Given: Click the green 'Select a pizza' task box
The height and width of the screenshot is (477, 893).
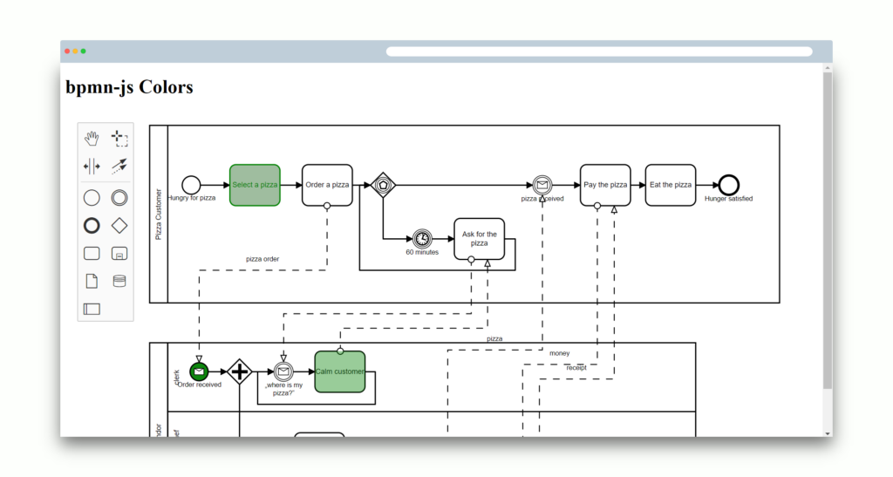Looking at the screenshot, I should tap(255, 185).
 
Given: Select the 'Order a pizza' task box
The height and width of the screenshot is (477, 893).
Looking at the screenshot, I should tap(327, 185).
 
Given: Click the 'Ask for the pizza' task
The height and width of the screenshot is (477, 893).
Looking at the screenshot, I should tap(479, 238).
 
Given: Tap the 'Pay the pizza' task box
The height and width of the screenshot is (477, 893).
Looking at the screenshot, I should tap(605, 185).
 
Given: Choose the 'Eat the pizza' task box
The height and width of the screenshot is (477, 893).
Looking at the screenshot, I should tap(671, 185).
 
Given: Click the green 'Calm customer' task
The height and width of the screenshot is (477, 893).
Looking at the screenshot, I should tap(339, 371).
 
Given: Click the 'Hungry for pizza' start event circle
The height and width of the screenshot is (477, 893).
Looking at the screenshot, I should tap(191, 185).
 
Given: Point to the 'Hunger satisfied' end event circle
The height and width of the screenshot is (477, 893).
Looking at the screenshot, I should tap(729, 185).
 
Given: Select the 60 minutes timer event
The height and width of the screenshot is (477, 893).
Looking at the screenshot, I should tap(422, 238).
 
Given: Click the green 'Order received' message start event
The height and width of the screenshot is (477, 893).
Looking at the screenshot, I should tap(199, 371).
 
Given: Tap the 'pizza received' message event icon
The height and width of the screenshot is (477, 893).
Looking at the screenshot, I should tap(542, 185).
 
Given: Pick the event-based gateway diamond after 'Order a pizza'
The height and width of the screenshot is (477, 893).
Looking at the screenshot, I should tap(383, 185).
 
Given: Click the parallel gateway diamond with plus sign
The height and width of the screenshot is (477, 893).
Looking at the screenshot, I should tap(239, 371).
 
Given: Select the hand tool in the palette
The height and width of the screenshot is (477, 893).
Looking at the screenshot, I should tap(92, 138).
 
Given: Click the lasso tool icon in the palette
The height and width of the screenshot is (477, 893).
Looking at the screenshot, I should tap(119, 138).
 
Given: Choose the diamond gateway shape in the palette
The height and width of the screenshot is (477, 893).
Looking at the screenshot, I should tap(119, 225).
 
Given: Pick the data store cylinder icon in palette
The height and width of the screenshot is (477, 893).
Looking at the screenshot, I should tap(119, 281).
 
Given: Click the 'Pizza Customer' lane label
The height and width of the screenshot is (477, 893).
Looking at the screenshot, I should tap(159, 214).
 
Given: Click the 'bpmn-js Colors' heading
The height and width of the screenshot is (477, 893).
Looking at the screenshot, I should tap(129, 87).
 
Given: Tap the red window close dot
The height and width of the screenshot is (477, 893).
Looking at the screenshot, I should tap(67, 51).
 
